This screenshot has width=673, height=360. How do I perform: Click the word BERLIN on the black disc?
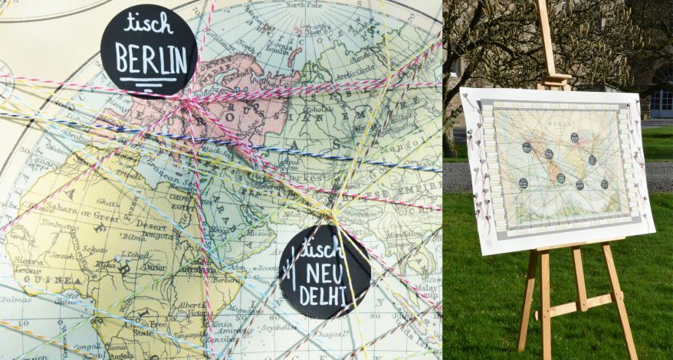click(x=151, y=60)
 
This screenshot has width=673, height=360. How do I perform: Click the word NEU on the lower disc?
click(x=326, y=273)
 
